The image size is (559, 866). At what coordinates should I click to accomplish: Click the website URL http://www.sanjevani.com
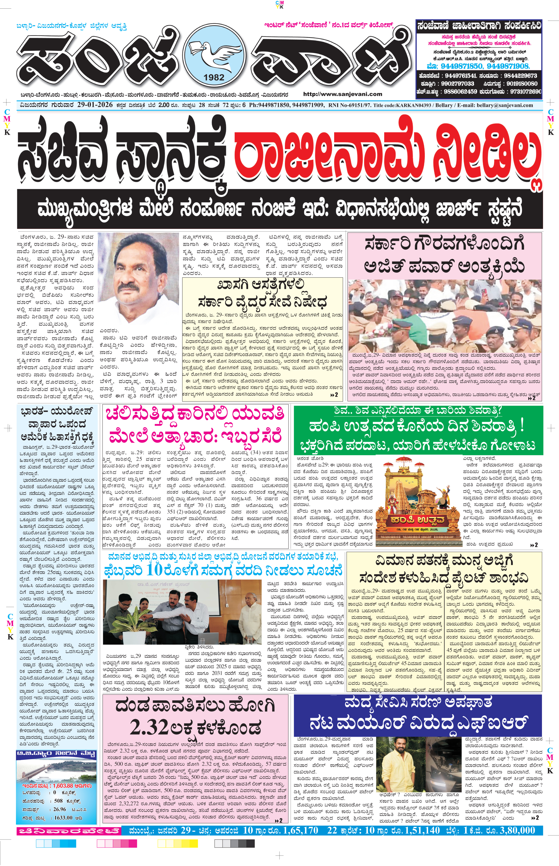coord(342,94)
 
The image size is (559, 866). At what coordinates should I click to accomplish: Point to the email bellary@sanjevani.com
coord(506,106)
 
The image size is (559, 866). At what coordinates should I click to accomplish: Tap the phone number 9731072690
coord(526,91)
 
